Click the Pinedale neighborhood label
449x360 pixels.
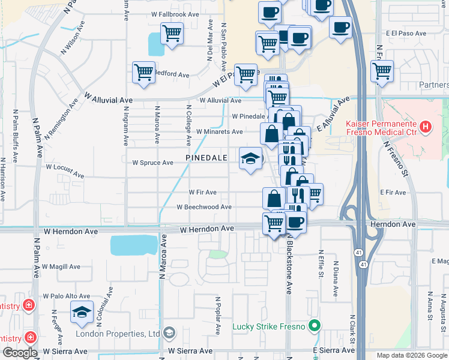[206, 157]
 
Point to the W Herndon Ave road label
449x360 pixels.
[207, 229]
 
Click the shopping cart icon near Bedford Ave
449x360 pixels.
[144, 73]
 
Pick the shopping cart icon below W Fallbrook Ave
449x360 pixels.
[172, 34]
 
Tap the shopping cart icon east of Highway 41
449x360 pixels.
[382, 71]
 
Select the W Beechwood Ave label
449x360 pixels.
[204, 207]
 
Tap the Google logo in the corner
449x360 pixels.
[20, 353]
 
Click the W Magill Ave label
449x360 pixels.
[61, 266]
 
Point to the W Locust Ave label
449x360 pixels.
[65, 170]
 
